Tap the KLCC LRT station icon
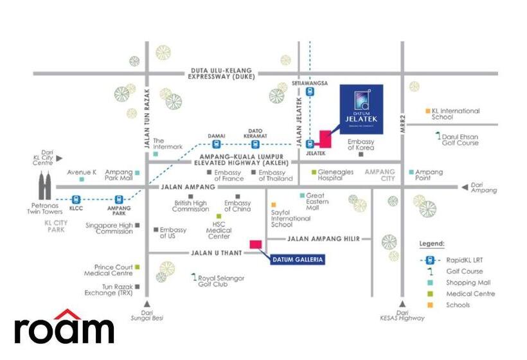click(x=76, y=200)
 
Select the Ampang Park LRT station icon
click(x=118, y=200)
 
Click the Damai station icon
click(x=216, y=144)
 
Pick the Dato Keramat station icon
click(x=255, y=144)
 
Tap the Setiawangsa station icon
click(x=310, y=91)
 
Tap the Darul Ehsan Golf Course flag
click(x=438, y=136)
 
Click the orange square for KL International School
click(x=428, y=111)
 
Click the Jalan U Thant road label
click(x=216, y=253)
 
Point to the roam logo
click(x=64, y=328)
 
